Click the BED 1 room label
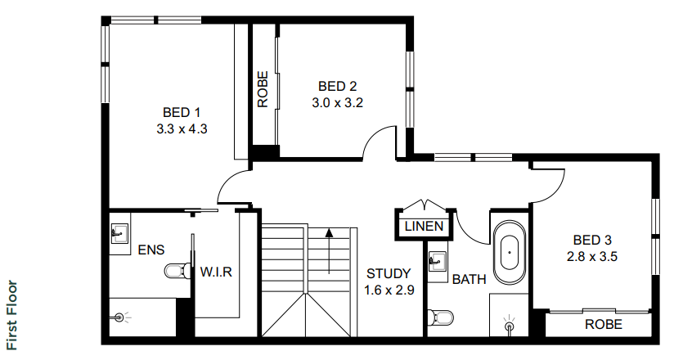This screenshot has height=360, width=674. (x=182, y=113)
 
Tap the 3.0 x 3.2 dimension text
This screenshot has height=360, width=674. (x=338, y=103)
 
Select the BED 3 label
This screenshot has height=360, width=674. (x=592, y=240)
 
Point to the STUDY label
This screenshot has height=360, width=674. (x=389, y=273)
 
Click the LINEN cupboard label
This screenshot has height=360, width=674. (x=424, y=227)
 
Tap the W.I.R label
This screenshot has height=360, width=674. (x=216, y=272)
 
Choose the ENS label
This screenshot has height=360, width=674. (x=151, y=250)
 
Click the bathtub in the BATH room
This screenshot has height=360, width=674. (x=510, y=252)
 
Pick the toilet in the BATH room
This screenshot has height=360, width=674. (x=441, y=317)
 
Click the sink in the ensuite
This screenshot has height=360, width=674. (x=119, y=233)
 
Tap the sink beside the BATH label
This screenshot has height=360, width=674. (x=437, y=261)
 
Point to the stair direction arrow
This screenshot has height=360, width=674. (x=330, y=251)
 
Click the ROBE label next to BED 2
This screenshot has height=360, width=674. (x=263, y=89)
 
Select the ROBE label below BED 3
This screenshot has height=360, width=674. (x=604, y=324)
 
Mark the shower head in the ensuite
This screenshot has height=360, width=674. (x=121, y=317)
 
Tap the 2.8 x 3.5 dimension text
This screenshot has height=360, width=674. (x=592, y=257)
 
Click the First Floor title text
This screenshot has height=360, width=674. (x=12, y=315)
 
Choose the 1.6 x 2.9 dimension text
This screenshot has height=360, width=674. (x=389, y=290)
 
